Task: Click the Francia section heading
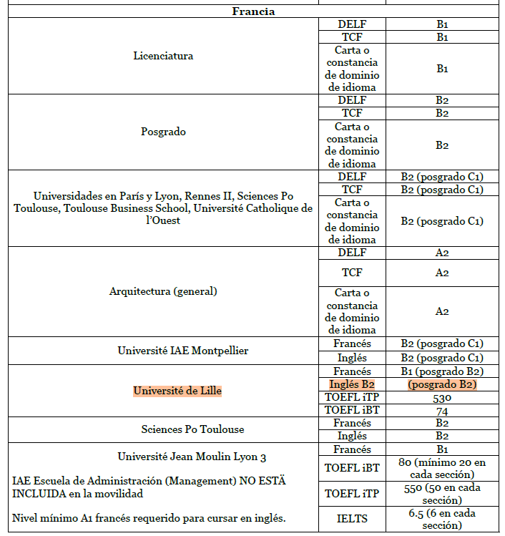click(254, 11)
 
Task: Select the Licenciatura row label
click(163, 56)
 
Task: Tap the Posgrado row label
click(163, 132)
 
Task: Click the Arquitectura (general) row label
click(163, 291)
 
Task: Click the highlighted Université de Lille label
click(177, 391)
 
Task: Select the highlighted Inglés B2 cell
click(352, 384)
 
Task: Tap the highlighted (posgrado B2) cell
click(442, 384)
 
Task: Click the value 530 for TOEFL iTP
click(442, 397)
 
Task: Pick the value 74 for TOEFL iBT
click(442, 411)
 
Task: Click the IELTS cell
click(352, 519)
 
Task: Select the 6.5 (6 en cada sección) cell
click(442, 519)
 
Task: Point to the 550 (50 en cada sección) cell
click(442, 494)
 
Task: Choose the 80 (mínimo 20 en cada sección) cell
click(442, 468)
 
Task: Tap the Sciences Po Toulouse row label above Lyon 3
click(192, 429)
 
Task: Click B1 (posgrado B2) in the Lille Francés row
click(442, 371)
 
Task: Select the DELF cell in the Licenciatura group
click(352, 24)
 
